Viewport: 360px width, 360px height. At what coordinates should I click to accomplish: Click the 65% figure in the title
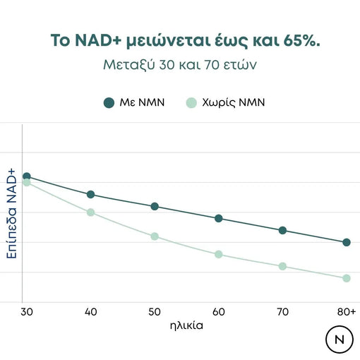point(300,40)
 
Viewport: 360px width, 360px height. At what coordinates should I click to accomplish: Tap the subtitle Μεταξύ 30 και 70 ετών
point(180,68)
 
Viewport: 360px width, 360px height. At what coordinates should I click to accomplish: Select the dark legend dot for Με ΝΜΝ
point(109,103)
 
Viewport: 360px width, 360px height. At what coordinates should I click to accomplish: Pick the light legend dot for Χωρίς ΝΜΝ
point(190,103)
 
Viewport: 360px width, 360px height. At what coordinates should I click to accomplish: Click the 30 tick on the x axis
point(26,311)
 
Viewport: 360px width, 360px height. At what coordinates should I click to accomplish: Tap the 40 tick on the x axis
point(90,311)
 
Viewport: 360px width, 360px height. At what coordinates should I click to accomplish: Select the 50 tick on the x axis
point(155,311)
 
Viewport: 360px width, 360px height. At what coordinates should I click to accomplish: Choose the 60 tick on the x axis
point(219,311)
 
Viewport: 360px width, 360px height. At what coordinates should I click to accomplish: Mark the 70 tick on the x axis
point(282,311)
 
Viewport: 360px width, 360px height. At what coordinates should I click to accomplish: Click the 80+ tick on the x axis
point(347,311)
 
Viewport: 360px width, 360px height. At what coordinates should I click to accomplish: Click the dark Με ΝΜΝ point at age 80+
point(347,242)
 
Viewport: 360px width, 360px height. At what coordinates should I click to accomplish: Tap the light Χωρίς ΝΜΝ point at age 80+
point(347,278)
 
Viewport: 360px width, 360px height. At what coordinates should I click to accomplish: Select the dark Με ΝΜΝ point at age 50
point(155,206)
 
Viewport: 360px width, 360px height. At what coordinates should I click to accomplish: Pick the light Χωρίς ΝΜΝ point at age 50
point(155,236)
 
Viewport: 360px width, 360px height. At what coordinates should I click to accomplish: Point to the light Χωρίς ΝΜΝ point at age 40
point(90,212)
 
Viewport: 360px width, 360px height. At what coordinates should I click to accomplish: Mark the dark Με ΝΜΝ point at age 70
point(282,230)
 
